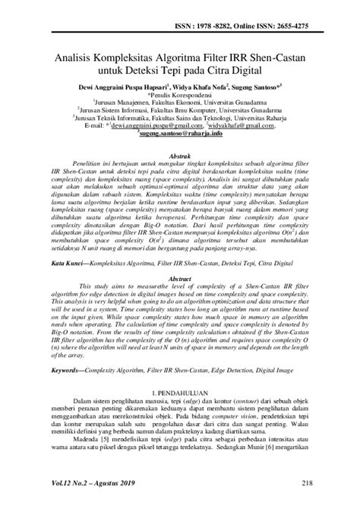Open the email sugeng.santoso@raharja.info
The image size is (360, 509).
(x=181, y=137)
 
